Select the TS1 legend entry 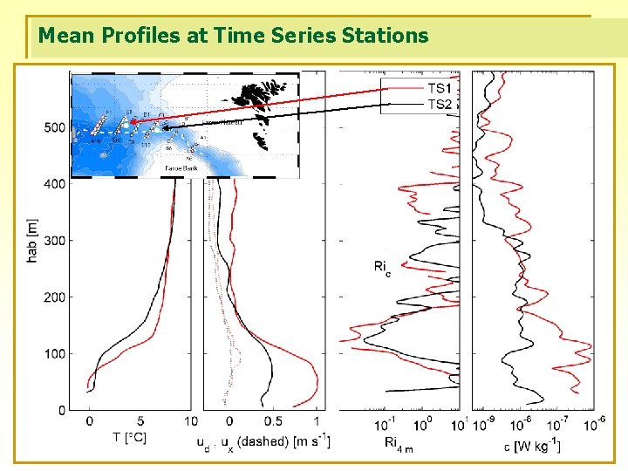tap(439, 88)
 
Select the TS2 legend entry tap(439, 104)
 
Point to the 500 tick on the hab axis tap(54, 127)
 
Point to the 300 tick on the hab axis tap(54, 241)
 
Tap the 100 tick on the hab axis tap(54, 354)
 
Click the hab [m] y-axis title tap(32, 241)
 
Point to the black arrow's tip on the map tap(161, 128)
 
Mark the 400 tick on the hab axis tap(54, 184)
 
